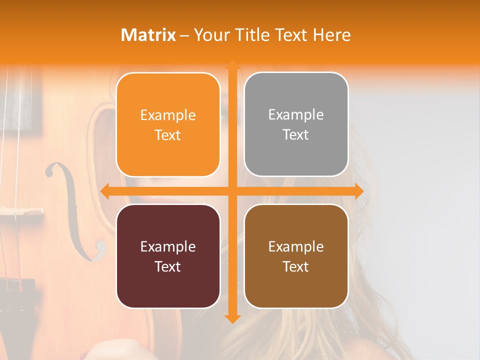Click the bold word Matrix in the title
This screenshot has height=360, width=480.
tap(148, 35)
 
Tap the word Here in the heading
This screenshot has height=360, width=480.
tap(331, 35)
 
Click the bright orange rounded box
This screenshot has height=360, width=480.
tap(168, 125)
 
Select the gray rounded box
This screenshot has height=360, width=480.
tap(296, 124)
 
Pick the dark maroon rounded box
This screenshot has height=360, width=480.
tap(168, 256)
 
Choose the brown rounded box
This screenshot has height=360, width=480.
tap(296, 256)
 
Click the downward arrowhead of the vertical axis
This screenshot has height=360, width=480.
tap(232, 318)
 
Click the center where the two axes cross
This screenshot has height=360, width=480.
tap(232, 191)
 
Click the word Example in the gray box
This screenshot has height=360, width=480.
tap(296, 115)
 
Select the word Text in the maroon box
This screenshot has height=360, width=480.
tap(168, 266)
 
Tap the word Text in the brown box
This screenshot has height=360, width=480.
tap(296, 266)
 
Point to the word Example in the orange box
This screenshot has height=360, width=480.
tap(168, 115)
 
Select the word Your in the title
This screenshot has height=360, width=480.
tap(209, 35)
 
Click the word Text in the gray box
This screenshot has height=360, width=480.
tap(296, 135)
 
